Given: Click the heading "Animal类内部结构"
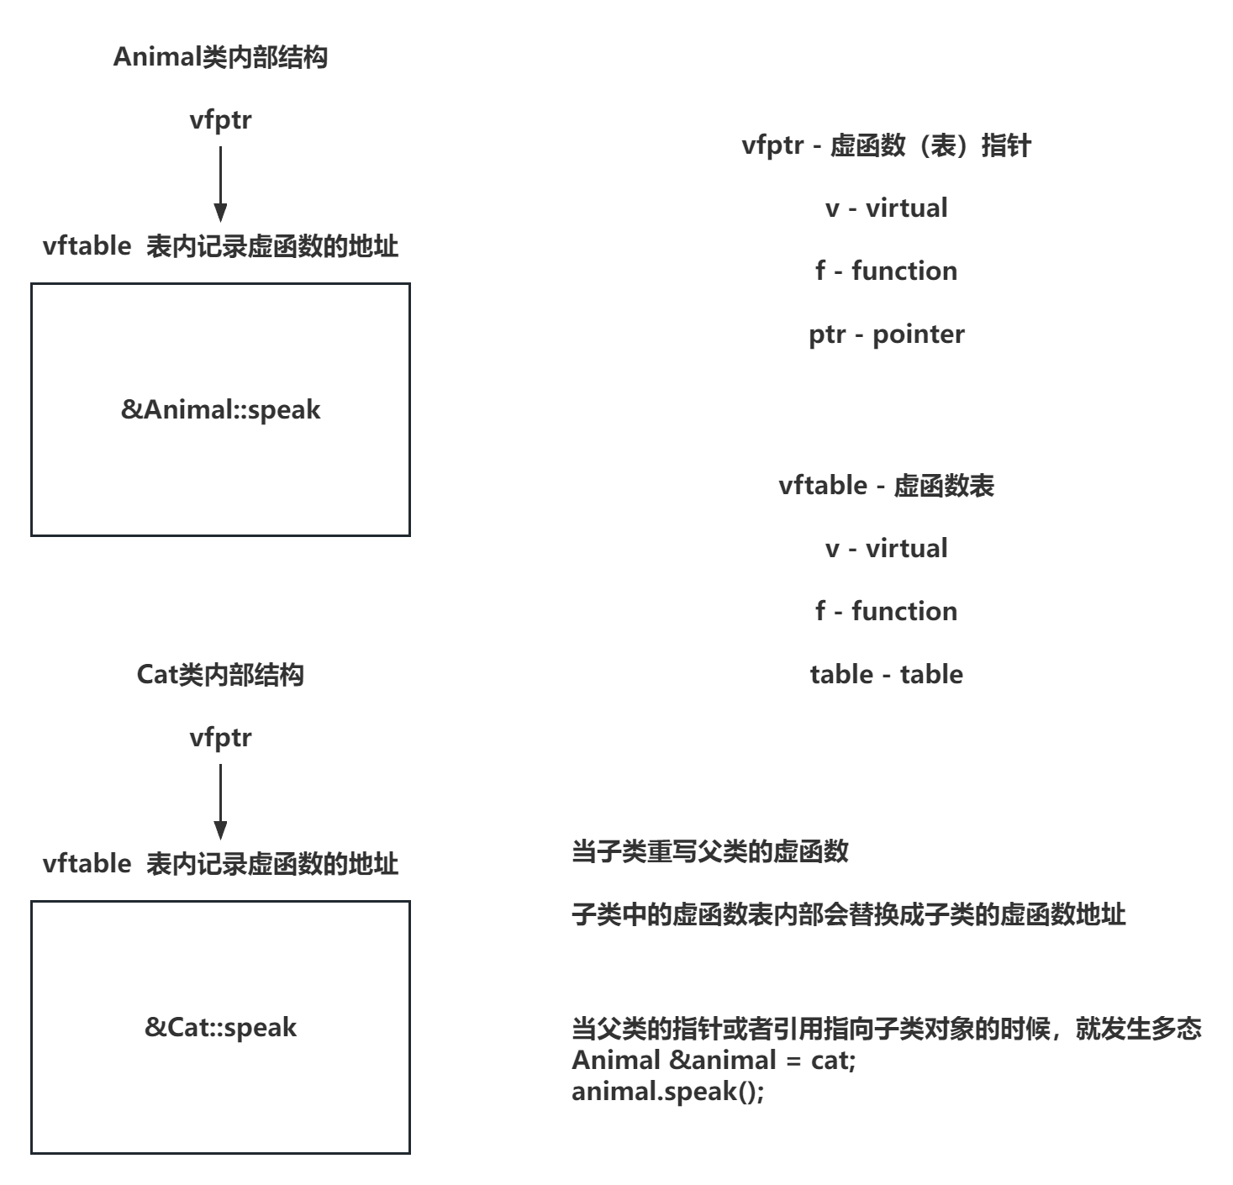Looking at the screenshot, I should [x=220, y=57].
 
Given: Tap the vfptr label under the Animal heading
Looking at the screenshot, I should [x=220, y=120].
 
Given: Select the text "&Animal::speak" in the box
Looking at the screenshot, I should [x=220, y=410].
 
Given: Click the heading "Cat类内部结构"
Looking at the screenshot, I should [x=220, y=675].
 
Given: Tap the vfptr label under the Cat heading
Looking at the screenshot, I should [x=220, y=738].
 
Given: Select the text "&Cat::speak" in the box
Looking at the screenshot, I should [x=220, y=1027].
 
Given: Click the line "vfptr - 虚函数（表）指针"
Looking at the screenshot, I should [x=886, y=145].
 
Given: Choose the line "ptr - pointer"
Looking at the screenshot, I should [x=886, y=334].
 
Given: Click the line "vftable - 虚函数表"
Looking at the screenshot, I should [x=886, y=486].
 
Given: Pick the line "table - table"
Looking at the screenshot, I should [x=886, y=674].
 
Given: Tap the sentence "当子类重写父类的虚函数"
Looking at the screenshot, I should [x=710, y=851].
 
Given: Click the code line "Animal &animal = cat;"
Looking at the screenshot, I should [x=714, y=1060].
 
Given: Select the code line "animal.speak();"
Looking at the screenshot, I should [x=668, y=1092].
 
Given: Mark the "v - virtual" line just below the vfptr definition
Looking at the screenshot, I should [x=886, y=208].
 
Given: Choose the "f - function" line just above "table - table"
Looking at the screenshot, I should [x=886, y=611].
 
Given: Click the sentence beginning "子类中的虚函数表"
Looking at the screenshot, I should [x=848, y=914].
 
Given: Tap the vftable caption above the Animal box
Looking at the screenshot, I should [x=220, y=246].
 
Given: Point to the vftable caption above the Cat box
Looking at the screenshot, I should [x=220, y=864].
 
